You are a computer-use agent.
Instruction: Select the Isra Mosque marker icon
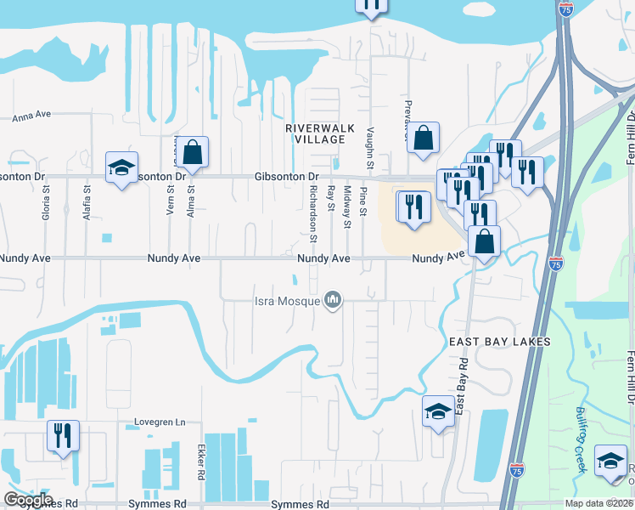click(x=333, y=300)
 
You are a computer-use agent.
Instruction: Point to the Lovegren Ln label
click(x=160, y=422)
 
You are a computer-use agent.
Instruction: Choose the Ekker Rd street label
click(x=201, y=462)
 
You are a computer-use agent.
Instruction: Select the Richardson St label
click(x=313, y=212)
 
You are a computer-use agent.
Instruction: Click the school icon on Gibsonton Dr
click(x=121, y=167)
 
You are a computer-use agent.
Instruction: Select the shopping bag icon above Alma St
click(x=194, y=151)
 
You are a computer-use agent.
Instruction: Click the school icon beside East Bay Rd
click(x=438, y=412)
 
